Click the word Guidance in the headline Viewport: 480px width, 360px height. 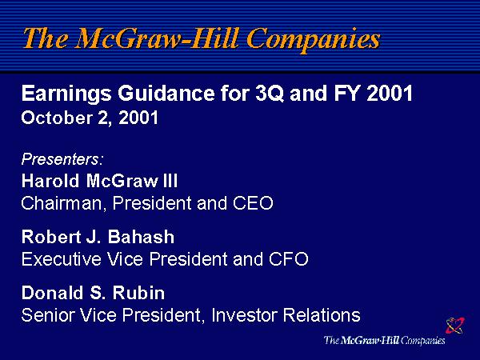point(166,93)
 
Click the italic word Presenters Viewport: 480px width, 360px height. point(60,159)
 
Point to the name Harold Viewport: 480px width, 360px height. point(50,181)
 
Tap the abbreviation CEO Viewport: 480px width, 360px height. point(253,203)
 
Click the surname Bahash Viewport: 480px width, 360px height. point(141,237)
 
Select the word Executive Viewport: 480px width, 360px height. point(62,259)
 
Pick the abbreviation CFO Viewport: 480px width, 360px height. point(288,259)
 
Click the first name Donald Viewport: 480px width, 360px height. point(52,293)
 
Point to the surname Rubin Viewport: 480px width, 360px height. point(138,293)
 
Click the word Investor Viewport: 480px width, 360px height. point(245,314)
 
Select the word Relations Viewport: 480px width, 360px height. point(322,314)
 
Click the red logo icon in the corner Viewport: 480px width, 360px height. point(455,325)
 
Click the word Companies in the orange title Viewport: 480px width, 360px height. point(313,39)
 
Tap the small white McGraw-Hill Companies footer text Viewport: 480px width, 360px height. point(385,341)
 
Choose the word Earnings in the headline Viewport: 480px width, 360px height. point(66,94)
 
